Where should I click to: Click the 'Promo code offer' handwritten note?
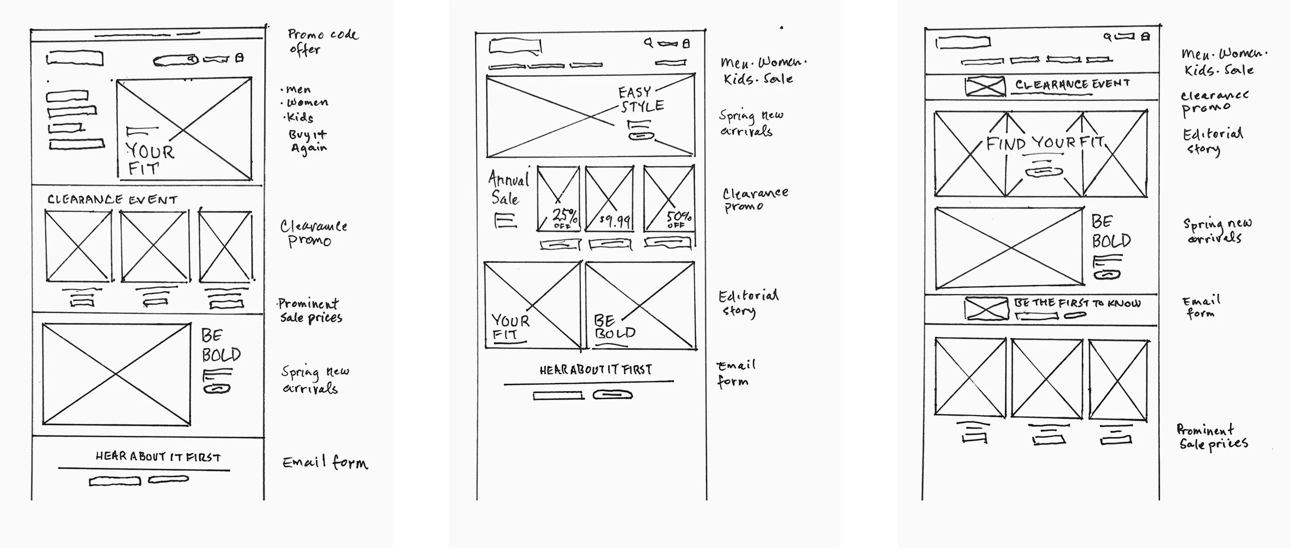321,42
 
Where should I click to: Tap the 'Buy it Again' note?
308,141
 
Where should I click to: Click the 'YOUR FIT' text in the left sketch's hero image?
149,159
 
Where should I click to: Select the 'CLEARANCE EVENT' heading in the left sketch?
112,200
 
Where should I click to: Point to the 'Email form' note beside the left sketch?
325,462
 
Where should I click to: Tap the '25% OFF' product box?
558,199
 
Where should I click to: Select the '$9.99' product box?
609,199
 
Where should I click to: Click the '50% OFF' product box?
669,199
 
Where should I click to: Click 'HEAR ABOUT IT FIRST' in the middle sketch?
595,370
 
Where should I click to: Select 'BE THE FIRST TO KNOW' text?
1077,303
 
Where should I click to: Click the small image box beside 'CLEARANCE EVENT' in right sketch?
985,86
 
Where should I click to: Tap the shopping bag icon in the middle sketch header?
686,44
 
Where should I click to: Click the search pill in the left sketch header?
176,61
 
